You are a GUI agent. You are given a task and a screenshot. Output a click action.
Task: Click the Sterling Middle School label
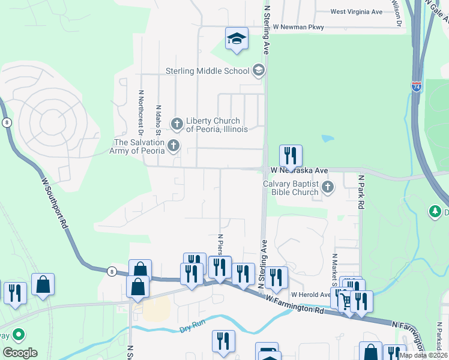(207, 71)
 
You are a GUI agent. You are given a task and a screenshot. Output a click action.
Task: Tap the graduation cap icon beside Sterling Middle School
(259, 71)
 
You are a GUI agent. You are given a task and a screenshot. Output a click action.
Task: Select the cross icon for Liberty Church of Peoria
(177, 124)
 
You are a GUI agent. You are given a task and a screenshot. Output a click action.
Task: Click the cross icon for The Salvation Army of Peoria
(173, 145)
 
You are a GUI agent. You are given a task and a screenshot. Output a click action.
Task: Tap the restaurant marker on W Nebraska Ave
(291, 157)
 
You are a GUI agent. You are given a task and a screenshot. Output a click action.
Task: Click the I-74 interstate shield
(417, 87)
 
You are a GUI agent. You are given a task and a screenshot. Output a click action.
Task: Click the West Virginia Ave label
(356, 11)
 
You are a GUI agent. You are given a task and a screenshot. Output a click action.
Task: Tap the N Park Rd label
(361, 192)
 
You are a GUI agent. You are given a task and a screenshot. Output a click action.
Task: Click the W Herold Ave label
(310, 295)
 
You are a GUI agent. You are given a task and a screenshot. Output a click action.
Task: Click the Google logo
(20, 353)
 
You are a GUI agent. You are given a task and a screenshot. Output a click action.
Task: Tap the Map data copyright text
(423, 355)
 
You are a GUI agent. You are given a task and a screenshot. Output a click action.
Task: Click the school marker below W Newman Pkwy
(237, 40)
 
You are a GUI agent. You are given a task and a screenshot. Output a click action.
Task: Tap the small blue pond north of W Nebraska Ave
(328, 139)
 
